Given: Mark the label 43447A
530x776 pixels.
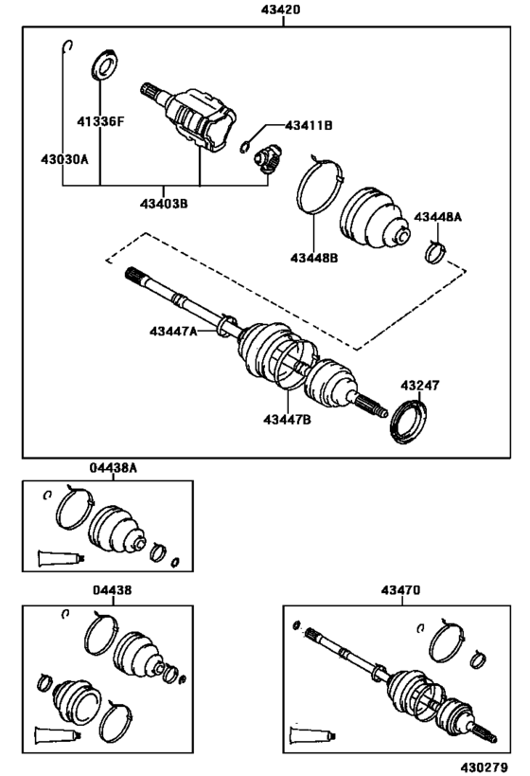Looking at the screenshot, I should pos(172,331).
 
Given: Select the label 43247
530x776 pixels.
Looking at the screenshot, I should pos(418,387).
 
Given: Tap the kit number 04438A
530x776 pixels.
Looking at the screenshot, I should pos(114,468).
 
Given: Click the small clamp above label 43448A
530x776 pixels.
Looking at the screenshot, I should pos(435,251).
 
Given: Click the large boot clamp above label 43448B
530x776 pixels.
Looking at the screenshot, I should pos(318,186).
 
